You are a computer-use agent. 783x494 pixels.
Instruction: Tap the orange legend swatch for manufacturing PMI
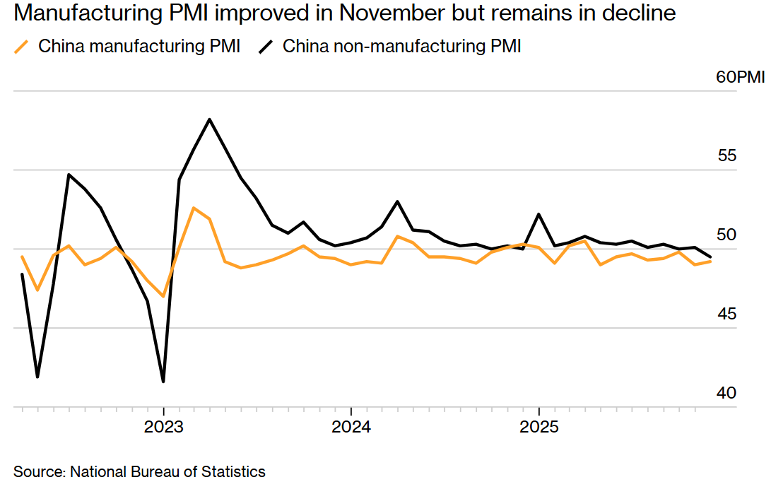pos(23,47)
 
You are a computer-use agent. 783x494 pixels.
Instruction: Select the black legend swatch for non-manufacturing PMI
pos(266,47)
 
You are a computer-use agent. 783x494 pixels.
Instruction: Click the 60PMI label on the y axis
pos(741,78)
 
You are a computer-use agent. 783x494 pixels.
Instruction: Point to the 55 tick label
pos(727,156)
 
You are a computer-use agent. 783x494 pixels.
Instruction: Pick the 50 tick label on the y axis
pos(727,235)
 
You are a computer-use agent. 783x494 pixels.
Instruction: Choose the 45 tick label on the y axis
pos(727,314)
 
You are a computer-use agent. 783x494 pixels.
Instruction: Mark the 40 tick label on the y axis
pos(727,393)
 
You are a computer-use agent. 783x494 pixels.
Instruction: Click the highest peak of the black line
pos(210,119)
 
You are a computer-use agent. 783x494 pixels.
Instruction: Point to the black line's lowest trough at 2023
pos(163,382)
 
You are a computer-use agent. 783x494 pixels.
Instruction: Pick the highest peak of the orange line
pos(194,208)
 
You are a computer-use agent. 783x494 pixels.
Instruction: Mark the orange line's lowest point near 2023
pos(163,296)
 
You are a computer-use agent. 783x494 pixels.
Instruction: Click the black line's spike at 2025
pos(539,213)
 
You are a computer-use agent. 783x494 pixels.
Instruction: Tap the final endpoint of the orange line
pos(710,261)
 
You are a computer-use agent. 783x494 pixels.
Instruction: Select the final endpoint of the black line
pos(710,257)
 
